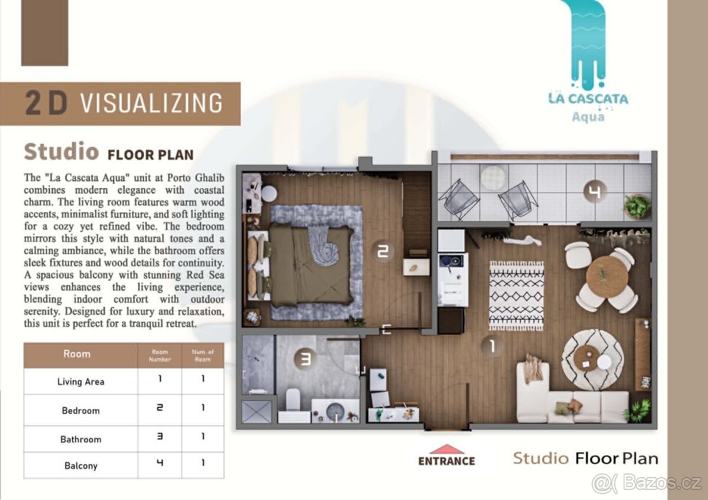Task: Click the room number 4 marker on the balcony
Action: [x=595, y=191]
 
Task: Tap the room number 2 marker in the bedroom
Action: [x=383, y=251]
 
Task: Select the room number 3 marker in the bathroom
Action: [x=305, y=359]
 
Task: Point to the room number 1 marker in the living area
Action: [x=492, y=346]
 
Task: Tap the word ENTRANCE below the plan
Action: [x=447, y=461]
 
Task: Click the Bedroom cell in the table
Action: [x=81, y=410]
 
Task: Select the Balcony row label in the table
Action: [x=81, y=466]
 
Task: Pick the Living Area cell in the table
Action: [x=81, y=381]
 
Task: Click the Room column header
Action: [x=77, y=354]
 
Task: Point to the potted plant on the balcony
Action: [x=637, y=206]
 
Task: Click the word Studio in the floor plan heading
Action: [x=61, y=152]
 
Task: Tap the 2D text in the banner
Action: [x=47, y=103]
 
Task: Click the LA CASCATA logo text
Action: [x=588, y=98]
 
